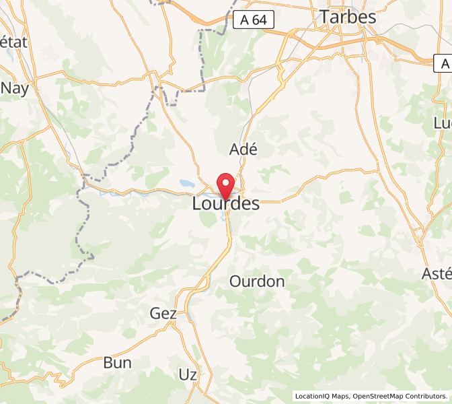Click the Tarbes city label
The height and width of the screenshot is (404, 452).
click(348, 17)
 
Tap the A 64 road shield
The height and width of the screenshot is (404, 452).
click(254, 20)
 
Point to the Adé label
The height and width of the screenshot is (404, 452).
click(243, 149)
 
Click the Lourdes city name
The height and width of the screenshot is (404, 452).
click(226, 203)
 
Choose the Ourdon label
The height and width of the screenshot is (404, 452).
click(257, 281)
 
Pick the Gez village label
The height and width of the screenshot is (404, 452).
click(163, 313)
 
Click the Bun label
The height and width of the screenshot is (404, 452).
click(117, 362)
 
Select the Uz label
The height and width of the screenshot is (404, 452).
click(188, 374)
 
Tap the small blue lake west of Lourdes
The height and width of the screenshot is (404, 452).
click(186, 182)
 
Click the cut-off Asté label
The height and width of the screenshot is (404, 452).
click(437, 273)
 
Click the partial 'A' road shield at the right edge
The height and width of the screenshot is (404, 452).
click(443, 64)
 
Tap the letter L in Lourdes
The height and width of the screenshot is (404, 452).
click(198, 203)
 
